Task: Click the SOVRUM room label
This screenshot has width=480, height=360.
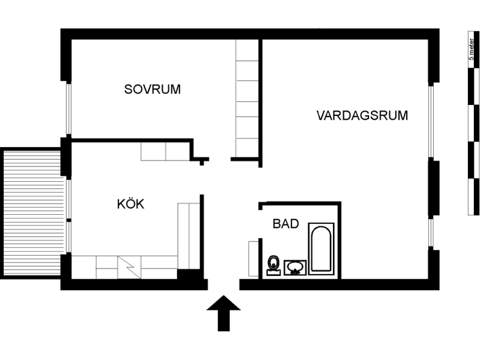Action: [152, 89]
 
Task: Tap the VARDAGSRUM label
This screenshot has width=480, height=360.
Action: [362, 115]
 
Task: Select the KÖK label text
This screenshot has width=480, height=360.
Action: [131, 204]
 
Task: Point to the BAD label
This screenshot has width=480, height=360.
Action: [285, 223]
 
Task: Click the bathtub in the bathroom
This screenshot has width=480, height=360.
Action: [321, 249]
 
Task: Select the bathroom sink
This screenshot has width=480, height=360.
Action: [295, 267]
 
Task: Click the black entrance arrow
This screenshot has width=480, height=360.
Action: [224, 313]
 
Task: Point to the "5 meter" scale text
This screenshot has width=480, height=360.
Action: [471, 49]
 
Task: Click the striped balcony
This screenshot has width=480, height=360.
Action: [32, 213]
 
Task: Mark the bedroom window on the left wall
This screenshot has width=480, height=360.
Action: [69, 109]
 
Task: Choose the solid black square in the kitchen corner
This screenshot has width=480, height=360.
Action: [189, 275]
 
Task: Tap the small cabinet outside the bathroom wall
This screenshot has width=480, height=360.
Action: [254, 259]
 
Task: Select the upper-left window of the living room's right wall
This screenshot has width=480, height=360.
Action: [431, 121]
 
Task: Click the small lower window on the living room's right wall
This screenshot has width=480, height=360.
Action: [431, 232]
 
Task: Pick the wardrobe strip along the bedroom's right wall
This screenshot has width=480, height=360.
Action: [247, 99]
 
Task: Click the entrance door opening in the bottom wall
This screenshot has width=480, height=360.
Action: [224, 284]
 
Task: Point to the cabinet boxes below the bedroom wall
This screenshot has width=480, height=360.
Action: [166, 151]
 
